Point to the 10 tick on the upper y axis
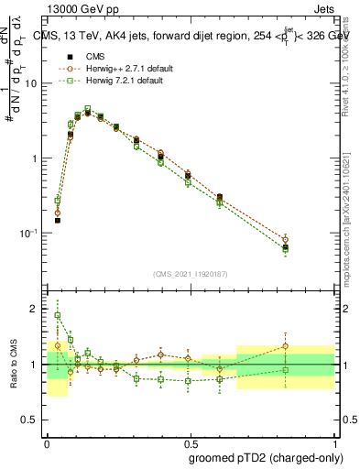pos(34,83)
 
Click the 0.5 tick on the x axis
pos(190,438)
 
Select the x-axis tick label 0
pos(47,438)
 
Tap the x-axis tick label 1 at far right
pos(334,438)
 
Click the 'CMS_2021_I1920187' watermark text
pos(190,274)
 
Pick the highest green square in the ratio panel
pos(58,315)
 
